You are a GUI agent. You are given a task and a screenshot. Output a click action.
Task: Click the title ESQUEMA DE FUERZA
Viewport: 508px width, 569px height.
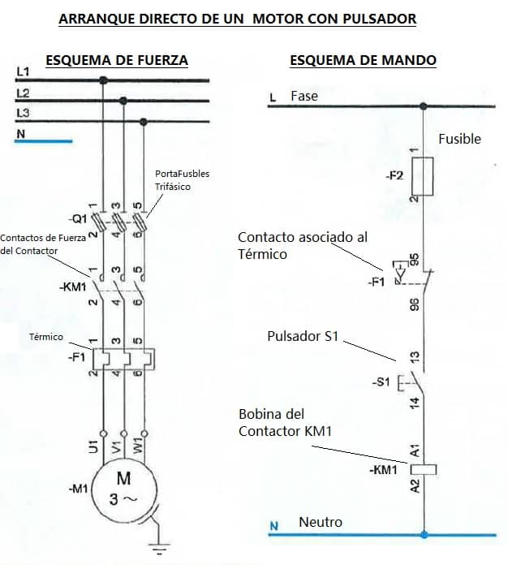pos(117,60)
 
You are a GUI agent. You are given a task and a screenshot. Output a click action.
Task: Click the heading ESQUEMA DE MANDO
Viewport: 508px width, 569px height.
pos(363,60)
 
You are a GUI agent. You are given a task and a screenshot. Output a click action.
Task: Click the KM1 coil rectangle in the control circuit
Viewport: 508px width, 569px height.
pos(424,469)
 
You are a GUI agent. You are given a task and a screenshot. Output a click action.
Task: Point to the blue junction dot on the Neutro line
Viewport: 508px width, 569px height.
pos(424,535)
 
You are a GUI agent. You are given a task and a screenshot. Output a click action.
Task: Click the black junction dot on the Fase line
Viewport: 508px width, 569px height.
pos(424,106)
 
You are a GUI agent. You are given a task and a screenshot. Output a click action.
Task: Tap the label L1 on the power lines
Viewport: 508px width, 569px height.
pos(23,72)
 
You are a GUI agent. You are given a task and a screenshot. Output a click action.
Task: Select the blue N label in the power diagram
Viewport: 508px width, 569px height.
pos(21,134)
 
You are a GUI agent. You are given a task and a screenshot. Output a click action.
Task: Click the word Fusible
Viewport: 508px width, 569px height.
pos(459,139)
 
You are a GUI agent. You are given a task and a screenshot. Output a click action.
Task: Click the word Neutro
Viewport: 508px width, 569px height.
pos(321,522)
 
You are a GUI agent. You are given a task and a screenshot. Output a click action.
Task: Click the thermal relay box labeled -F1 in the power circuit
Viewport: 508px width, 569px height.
pos(123,358)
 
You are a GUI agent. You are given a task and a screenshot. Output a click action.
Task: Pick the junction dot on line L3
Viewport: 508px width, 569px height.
pos(144,122)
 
